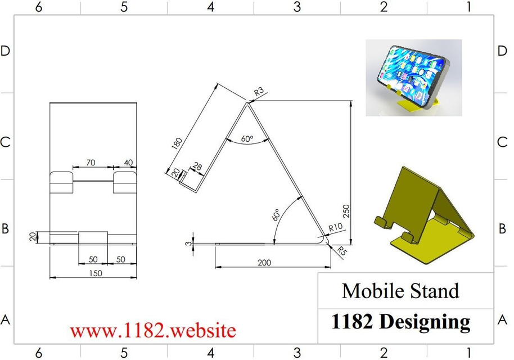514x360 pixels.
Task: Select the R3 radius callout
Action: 259,91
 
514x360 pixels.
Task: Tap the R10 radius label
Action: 336,227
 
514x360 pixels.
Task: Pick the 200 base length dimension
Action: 272,262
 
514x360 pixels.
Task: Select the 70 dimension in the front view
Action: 90,163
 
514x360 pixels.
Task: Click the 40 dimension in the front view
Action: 128,163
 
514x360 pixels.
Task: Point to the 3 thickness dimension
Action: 187,243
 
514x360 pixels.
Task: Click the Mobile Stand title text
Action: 400,291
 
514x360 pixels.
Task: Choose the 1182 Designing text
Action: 400,321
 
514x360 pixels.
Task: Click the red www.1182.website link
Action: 153,330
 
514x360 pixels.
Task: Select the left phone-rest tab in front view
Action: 62,182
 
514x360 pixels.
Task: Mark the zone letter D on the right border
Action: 502,51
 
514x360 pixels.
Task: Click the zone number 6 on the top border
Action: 38,7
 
